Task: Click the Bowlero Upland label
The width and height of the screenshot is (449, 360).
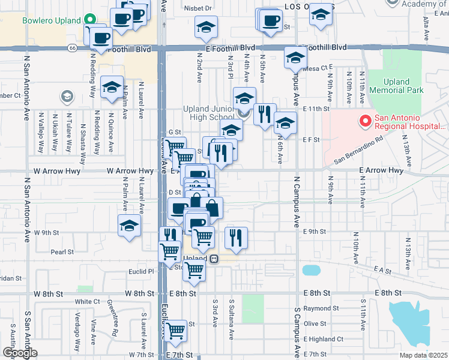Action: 51,20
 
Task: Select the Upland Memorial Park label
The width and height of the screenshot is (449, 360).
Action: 396,86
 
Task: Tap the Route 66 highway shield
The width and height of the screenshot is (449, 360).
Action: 72,47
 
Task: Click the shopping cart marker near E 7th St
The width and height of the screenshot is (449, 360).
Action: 175,330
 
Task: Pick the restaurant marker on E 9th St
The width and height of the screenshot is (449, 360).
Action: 236,237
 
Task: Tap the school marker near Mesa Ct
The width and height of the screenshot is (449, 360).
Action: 295,58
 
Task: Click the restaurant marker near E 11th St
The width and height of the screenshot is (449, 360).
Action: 264,114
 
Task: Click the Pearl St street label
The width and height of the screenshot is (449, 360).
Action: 62,252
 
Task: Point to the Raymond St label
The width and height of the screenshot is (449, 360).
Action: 317,308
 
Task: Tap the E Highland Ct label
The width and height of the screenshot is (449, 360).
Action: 323,340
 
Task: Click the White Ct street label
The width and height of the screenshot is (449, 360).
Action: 87,301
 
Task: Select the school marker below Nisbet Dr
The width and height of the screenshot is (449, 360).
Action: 206,27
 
